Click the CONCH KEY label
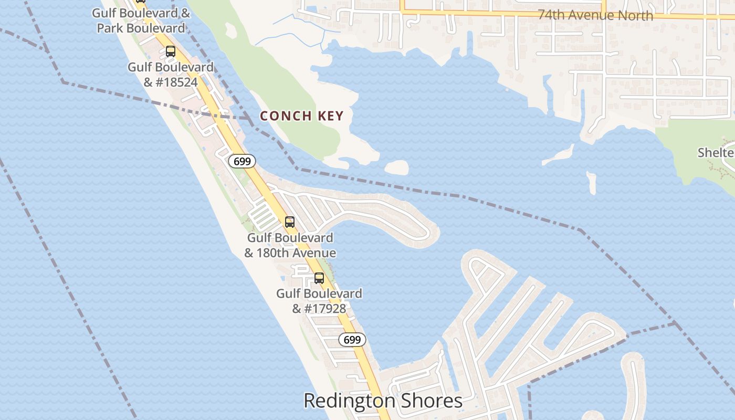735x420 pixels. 301,116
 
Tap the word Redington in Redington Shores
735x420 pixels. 350,401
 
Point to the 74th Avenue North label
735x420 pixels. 595,15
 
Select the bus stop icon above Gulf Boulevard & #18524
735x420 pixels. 170,51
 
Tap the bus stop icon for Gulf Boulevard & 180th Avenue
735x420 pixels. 289,222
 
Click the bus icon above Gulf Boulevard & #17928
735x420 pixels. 319,278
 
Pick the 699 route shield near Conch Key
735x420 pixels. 242,161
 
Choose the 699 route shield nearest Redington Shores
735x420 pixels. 352,340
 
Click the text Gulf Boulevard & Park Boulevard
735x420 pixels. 141,20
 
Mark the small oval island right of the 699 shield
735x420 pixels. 396,167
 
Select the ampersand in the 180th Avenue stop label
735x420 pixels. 249,253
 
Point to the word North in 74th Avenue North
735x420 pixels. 635,15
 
